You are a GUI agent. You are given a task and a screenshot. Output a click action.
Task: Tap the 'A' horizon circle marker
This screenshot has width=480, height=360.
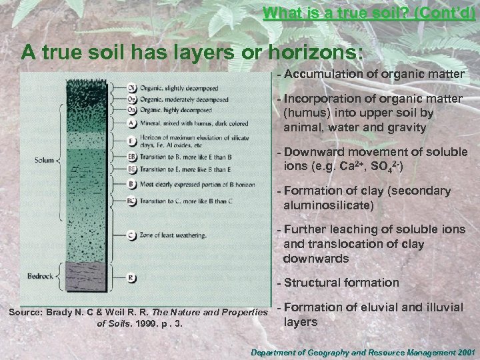click(x=132, y=123)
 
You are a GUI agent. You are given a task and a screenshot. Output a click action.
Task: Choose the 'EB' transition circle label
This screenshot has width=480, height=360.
click(x=132, y=157)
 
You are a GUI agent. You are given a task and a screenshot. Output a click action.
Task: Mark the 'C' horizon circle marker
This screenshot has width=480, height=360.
click(x=132, y=234)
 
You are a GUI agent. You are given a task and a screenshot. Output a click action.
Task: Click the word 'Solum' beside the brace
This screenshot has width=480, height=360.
click(x=46, y=160)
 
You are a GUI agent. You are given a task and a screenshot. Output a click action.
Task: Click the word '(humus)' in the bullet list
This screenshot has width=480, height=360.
click(x=305, y=113)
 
